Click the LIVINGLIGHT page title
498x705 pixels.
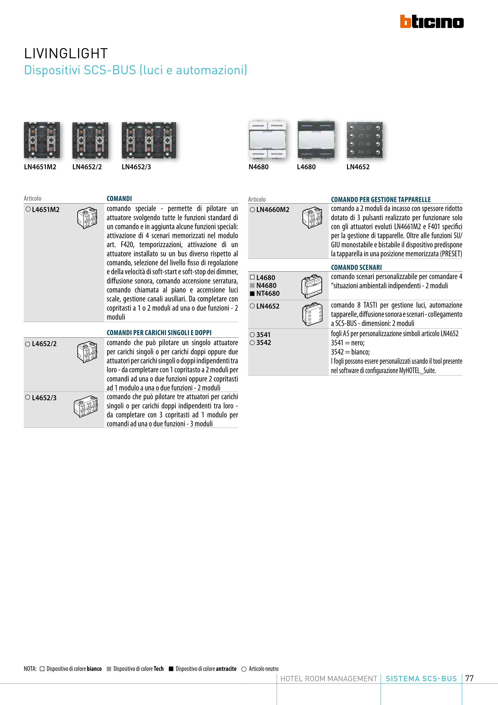66,53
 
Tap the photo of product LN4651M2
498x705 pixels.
42,140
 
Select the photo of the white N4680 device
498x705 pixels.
267,140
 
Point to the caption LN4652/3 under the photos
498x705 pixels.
136,167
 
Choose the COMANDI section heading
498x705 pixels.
119,199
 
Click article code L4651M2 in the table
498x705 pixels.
45,210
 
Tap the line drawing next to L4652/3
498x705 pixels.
86,406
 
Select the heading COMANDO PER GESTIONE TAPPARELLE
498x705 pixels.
381,200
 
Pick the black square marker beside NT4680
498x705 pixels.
252,294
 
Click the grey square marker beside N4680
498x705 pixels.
252,286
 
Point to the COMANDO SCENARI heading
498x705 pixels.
356,267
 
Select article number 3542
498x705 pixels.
264,343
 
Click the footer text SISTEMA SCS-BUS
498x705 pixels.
421,679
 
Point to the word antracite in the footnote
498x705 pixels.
226,669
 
